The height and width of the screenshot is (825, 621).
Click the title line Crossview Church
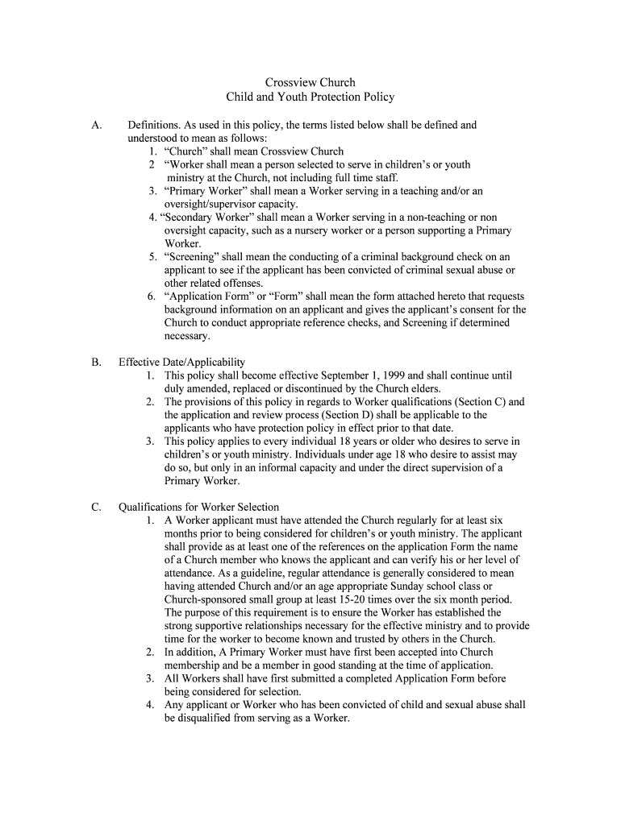[x=310, y=82]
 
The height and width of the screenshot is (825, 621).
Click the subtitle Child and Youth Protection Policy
[x=310, y=97]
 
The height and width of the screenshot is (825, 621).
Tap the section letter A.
[x=96, y=126]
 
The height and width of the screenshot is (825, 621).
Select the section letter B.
[x=96, y=363]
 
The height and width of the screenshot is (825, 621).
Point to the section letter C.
[x=96, y=507]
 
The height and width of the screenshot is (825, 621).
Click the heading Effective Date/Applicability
[x=181, y=363]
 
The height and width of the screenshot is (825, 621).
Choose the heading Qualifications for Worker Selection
[x=198, y=507]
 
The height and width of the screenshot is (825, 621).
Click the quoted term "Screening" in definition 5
[x=192, y=257]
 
